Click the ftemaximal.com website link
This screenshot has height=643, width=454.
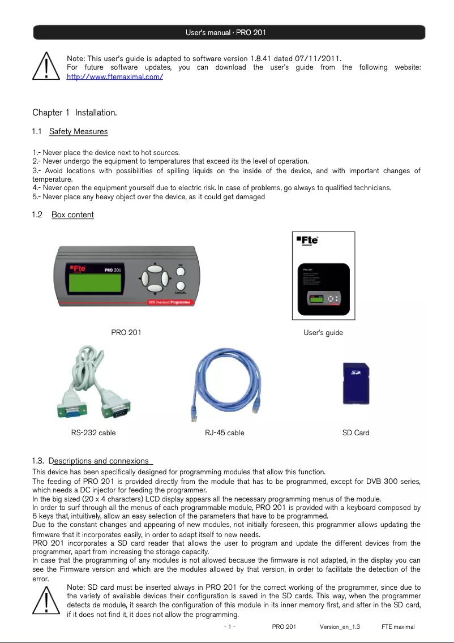click(x=115, y=76)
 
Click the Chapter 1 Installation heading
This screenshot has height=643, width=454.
click(x=75, y=113)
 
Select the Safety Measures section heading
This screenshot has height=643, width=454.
click(x=78, y=132)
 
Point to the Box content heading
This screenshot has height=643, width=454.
click(x=72, y=215)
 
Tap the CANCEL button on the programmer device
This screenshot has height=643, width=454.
click(x=181, y=287)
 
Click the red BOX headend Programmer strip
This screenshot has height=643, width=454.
click(x=170, y=302)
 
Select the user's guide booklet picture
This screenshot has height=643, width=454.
click(x=323, y=276)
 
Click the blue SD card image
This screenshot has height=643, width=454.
click(x=356, y=383)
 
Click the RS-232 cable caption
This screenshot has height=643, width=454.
click(x=93, y=432)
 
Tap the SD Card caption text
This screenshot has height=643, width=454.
click(x=356, y=432)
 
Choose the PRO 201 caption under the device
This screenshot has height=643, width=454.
click(x=126, y=332)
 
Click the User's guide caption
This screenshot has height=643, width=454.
click(x=323, y=332)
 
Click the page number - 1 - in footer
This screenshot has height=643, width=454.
click(x=230, y=627)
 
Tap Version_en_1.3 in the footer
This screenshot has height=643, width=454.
click(x=340, y=627)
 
